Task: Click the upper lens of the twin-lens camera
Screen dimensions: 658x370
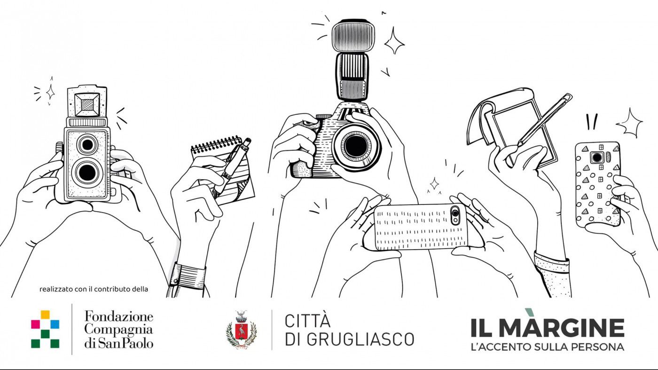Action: pos(87,144)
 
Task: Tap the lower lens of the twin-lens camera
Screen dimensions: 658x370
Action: pos(87,173)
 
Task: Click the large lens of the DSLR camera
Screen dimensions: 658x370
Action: pos(356,146)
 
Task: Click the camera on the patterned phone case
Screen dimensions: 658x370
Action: pos(597,157)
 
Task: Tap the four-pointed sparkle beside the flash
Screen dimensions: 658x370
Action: pos(394,41)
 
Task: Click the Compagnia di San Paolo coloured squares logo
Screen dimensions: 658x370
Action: pos(45,329)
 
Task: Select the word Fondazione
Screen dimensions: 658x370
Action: pos(119,317)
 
